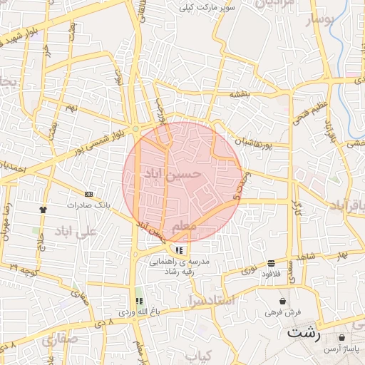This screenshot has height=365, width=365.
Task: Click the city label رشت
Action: coord(304,332)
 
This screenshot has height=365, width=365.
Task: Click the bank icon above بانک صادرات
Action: coord(88,194)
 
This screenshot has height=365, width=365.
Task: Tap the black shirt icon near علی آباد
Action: coord(43,210)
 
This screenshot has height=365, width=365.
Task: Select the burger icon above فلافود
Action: coord(271,263)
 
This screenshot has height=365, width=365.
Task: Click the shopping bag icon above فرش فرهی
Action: coord(283,302)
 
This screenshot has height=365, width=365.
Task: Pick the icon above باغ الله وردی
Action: coord(139,301)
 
